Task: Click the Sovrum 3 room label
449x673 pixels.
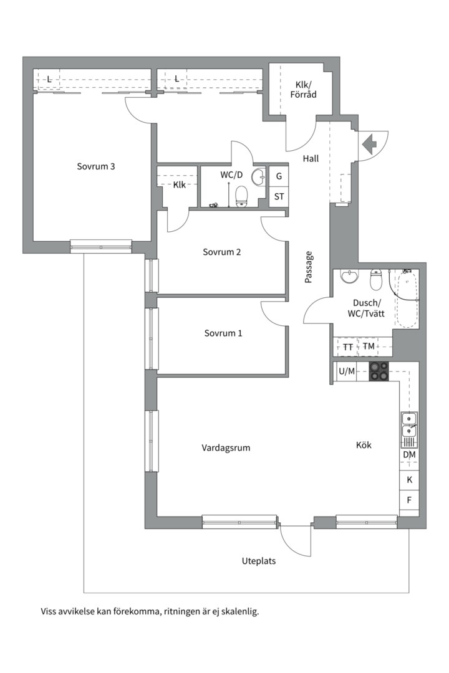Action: coord(96,166)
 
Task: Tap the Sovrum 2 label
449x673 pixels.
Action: coord(221,252)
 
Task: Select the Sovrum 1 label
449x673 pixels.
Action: coord(223,333)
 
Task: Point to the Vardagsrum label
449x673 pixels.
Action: coord(226,447)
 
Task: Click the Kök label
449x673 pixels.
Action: coord(364,445)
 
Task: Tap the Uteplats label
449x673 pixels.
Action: coord(259,561)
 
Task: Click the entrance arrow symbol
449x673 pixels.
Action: coord(370,145)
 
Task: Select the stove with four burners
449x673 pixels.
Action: coord(379,371)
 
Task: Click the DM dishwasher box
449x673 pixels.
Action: coord(409,455)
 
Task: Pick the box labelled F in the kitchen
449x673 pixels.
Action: coord(409,500)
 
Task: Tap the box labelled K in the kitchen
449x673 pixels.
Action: coord(409,480)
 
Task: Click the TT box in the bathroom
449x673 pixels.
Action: coord(348,346)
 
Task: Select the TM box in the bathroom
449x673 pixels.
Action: coord(369,346)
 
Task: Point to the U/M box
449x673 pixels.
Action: coord(346,371)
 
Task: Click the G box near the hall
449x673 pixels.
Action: coord(279,176)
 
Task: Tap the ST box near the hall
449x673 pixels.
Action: coord(279,197)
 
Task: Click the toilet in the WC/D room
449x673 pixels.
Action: coord(241,197)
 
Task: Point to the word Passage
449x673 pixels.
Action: coord(308,267)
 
